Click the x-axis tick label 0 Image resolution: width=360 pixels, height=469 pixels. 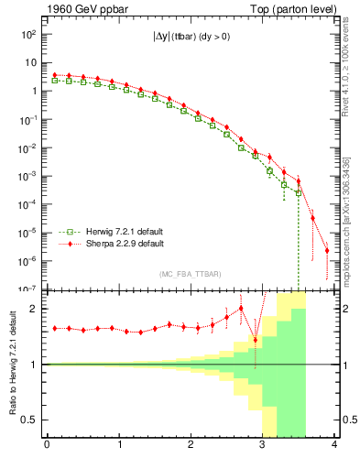[47, 445]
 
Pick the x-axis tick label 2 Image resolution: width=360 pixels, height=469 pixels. [190, 445]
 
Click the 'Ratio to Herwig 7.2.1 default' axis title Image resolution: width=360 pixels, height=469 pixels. [12, 364]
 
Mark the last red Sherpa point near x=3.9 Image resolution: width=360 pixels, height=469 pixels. [327, 250]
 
